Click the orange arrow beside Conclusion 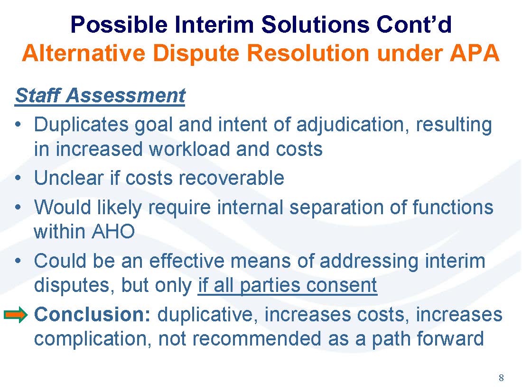click(x=16, y=315)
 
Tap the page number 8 click(x=501, y=378)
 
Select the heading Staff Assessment click(x=100, y=96)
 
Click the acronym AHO click(x=113, y=231)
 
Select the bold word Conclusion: click(x=93, y=314)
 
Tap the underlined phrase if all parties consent click(x=288, y=285)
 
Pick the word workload click(x=189, y=149)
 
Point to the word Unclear click(x=69, y=178)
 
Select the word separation click(x=336, y=208)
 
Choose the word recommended click(x=257, y=339)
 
